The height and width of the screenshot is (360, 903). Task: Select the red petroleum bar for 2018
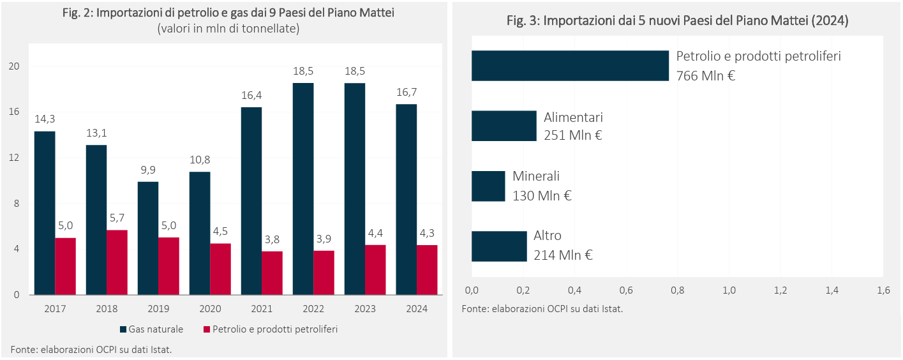click(x=117, y=262)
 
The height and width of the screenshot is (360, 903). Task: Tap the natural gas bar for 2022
click(x=303, y=189)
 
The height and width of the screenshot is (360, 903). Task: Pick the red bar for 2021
click(x=272, y=273)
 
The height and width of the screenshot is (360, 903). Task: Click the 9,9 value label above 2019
click(x=148, y=170)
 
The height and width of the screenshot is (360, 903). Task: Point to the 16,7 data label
click(x=406, y=93)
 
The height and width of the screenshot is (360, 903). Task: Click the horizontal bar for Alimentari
click(x=504, y=126)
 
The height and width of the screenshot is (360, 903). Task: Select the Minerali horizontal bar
click(x=488, y=186)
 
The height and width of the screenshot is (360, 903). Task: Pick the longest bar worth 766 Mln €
click(x=570, y=66)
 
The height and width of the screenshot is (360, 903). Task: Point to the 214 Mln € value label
click(x=563, y=255)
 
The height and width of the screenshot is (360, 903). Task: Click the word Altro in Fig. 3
click(x=548, y=236)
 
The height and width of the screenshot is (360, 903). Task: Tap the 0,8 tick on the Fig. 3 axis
click(x=678, y=290)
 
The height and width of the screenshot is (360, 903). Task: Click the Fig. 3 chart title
click(x=677, y=20)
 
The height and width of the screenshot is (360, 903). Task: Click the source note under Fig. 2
click(x=91, y=349)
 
